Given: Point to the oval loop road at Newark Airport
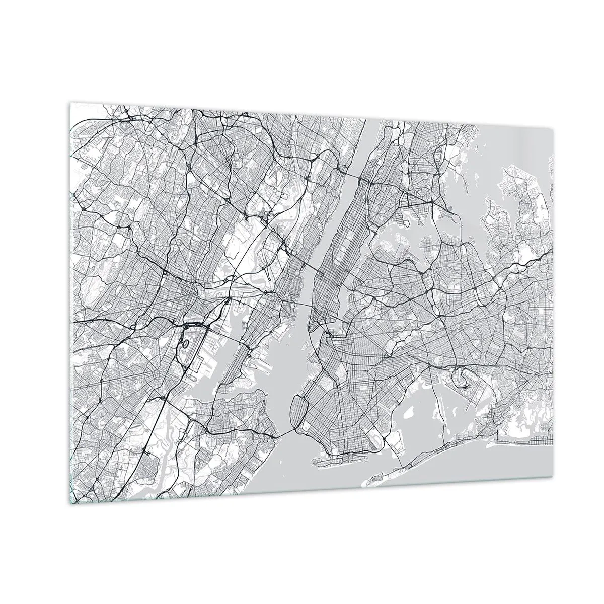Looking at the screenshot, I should click(x=185, y=344).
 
